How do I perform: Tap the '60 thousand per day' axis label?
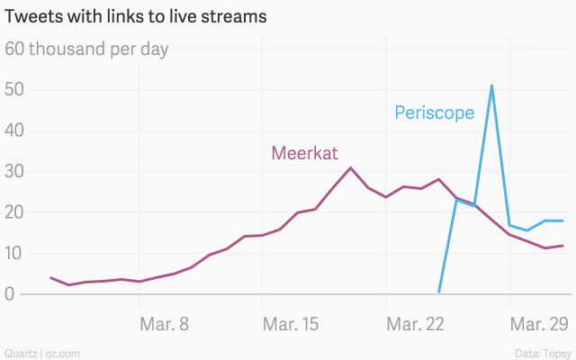tap(87, 49)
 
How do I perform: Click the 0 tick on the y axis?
tap(10, 293)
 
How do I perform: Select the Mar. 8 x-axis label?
tap(165, 323)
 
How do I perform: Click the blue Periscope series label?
tap(434, 113)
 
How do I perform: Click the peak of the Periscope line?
tap(491, 85)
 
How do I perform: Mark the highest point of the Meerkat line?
tap(351, 167)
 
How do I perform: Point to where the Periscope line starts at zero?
tap(438, 292)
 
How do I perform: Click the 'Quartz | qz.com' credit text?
tap(42, 352)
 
